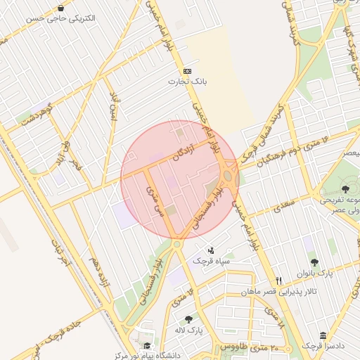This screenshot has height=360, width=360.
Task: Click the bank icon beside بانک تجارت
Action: [x=187, y=72]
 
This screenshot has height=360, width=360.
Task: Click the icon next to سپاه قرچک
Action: [x=211, y=250]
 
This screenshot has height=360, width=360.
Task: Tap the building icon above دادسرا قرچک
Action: [x=323, y=335]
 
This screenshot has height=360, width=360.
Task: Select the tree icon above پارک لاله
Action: [x=188, y=320]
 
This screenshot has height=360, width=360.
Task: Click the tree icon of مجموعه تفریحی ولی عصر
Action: [x=345, y=189]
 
